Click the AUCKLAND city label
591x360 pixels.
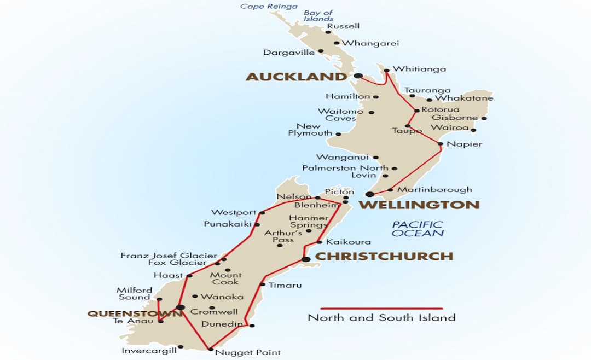296,77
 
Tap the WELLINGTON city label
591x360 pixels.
419,205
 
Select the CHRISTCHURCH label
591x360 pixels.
384,256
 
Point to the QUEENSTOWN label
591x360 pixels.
135,313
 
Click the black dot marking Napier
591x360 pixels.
441,144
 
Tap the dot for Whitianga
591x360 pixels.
386,70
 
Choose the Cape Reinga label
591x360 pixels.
269,7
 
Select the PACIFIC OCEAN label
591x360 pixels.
418,229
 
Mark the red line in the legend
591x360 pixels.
381,309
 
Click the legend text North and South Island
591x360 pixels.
381,318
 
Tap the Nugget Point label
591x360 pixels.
247,352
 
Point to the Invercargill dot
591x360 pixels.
181,346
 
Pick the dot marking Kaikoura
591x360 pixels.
320,242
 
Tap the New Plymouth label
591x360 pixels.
310,130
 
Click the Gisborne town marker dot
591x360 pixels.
484,118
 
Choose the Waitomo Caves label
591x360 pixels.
340,115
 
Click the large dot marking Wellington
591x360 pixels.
370,194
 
